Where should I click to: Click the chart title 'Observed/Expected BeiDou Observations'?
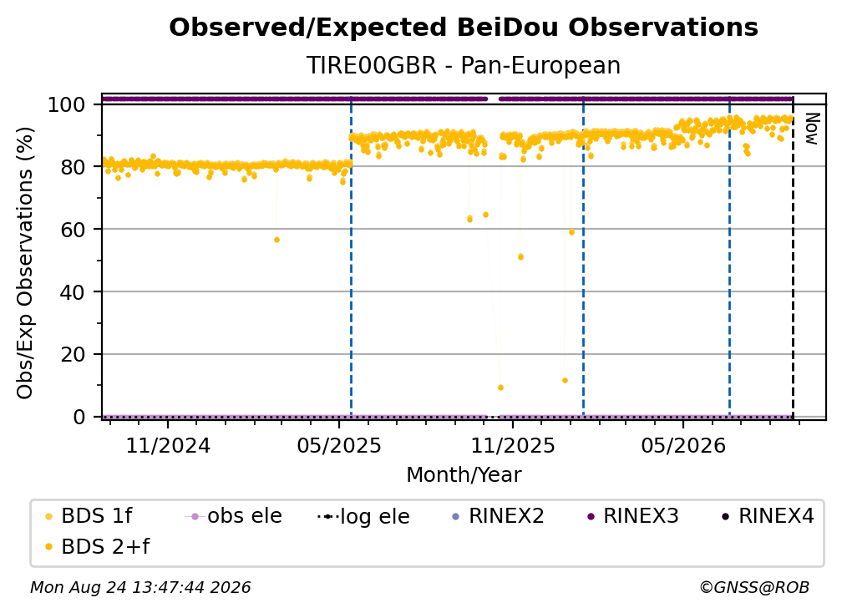pyautogui.click(x=464, y=28)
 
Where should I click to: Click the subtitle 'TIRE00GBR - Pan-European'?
pyautogui.click(x=464, y=65)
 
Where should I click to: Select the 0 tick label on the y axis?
pyautogui.click(x=79, y=417)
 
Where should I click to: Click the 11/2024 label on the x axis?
pyautogui.click(x=168, y=445)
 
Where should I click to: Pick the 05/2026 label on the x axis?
pyautogui.click(x=683, y=445)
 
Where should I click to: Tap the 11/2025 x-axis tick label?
pyautogui.click(x=513, y=445)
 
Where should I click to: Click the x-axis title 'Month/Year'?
pyautogui.click(x=464, y=474)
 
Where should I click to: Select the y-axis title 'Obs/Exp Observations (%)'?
pyautogui.click(x=25, y=262)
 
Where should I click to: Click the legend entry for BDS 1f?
pyautogui.click(x=89, y=516)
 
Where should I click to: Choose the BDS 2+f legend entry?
pyautogui.click(x=98, y=546)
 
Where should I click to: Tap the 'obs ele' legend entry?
pyautogui.click(x=234, y=516)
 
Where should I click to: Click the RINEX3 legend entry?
pyautogui.click(x=633, y=516)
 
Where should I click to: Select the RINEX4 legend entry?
pyautogui.click(x=768, y=516)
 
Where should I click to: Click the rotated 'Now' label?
pyautogui.click(x=811, y=129)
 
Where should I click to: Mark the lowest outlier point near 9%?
pyautogui.click(x=500, y=388)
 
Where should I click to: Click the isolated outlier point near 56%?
pyautogui.click(x=276, y=240)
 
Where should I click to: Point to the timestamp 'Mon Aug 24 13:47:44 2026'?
pyautogui.click(x=140, y=588)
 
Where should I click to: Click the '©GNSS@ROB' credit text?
pyautogui.click(x=754, y=588)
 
